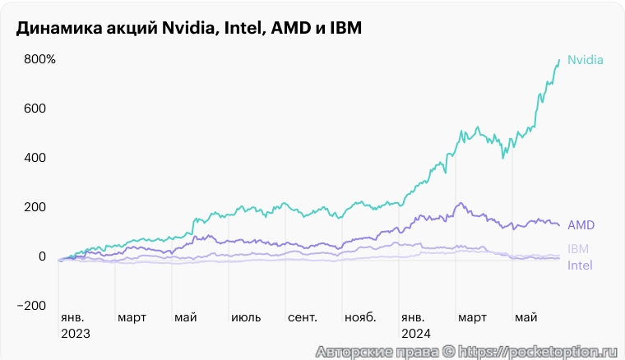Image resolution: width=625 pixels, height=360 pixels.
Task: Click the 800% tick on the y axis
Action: click(x=39, y=59)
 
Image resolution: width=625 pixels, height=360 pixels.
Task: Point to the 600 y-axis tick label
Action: click(x=35, y=108)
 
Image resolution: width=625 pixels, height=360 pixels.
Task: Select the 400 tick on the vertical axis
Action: click(x=35, y=158)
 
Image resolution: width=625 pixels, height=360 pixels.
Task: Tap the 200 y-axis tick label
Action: click(x=35, y=207)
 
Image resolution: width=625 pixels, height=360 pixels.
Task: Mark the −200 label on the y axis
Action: click(x=32, y=306)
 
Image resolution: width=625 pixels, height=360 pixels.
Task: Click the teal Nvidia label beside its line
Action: click(x=586, y=60)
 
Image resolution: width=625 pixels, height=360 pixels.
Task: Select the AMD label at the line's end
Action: click(x=581, y=224)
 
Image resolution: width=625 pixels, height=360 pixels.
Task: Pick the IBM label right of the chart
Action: click(x=578, y=249)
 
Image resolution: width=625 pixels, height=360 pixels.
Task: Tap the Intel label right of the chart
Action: click(x=580, y=265)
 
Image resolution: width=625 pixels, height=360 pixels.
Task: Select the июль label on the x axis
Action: click(x=246, y=316)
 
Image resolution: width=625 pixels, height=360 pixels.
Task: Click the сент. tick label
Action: click(x=303, y=316)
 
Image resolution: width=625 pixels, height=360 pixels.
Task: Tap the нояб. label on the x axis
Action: click(x=360, y=316)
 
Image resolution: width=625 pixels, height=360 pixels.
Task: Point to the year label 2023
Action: click(x=75, y=335)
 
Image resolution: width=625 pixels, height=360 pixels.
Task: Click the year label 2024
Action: click(x=416, y=335)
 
